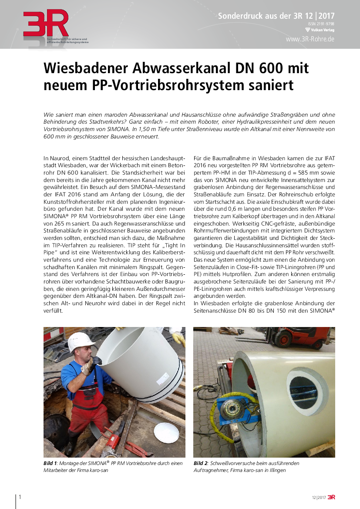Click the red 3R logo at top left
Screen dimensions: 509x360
pyautogui.click(x=46, y=24)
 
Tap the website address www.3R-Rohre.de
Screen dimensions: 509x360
pyautogui.click(x=310, y=39)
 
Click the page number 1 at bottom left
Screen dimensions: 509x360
pyautogui.click(x=20, y=497)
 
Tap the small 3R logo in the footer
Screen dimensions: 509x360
pyautogui.click(x=331, y=497)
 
